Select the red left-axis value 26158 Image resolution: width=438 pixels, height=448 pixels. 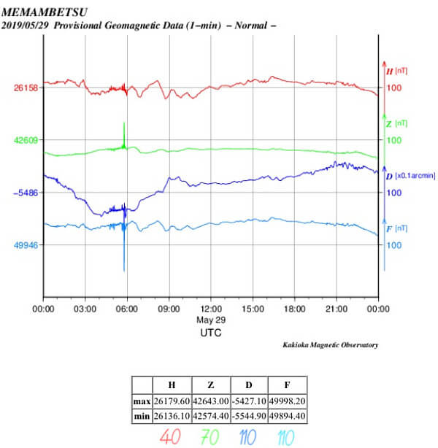pos(26,87)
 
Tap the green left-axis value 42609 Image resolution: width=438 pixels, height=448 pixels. pos(26,139)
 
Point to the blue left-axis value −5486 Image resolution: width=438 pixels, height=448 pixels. pos(26,193)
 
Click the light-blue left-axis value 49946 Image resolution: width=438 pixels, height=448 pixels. pos(26,245)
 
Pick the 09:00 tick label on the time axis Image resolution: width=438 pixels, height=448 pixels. pos(169,309)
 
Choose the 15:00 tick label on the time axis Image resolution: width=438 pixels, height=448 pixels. pos(253,309)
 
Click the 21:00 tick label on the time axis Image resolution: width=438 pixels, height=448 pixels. pos(337,309)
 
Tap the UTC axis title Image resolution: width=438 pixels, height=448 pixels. pos(211,332)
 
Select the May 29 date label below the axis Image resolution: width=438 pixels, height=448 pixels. pos(211,320)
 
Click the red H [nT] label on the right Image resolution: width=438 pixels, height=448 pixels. pos(396,71)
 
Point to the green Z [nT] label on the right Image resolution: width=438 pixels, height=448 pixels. pos(396,123)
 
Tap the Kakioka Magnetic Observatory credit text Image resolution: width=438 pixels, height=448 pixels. pos(330,344)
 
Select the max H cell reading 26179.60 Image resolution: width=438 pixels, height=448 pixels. pos(172,401)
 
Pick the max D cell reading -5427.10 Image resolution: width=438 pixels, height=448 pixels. pos(249,401)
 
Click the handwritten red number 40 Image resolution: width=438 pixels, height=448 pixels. pos(172,437)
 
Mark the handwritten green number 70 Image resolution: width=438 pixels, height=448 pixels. pos(210,437)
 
